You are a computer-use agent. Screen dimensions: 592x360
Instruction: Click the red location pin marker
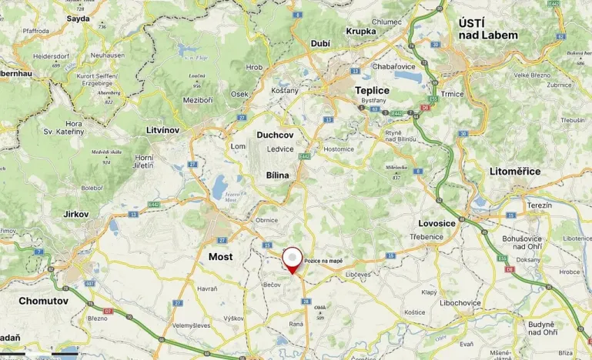[293, 259]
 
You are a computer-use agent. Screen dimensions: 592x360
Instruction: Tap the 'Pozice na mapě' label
[323, 261]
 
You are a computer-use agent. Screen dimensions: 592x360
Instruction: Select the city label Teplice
[373, 91]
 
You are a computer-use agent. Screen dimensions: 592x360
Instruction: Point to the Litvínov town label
[162, 130]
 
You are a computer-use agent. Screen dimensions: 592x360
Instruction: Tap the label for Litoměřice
[515, 172]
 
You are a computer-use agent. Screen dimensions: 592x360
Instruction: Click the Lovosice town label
[437, 223]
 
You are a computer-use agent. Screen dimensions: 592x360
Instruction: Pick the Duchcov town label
[276, 135]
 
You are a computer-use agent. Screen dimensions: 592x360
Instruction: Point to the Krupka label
[361, 32]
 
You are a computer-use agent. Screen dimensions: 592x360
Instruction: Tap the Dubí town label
[319, 45]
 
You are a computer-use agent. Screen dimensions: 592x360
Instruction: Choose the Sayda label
[78, 18]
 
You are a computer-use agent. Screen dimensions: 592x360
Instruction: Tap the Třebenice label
[426, 237]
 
